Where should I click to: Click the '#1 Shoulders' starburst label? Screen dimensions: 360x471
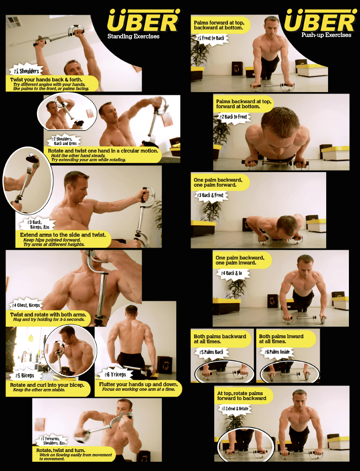pos(26,71)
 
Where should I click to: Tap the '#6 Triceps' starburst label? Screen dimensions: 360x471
pos(115,374)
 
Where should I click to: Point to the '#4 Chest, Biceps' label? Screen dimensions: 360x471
pos(25,305)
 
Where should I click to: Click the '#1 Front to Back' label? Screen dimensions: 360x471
pos(211,38)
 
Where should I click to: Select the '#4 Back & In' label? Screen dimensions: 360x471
pos(231,273)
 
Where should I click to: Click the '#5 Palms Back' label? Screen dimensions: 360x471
pos(211,352)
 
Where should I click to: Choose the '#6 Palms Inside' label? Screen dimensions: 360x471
pos(277,352)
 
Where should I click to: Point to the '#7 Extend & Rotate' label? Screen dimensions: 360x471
pos(235,409)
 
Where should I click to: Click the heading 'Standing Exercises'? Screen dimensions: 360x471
pos(133,37)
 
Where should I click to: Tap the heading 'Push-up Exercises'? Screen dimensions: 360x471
pos(326,35)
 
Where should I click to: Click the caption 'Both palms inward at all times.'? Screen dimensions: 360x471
pos(281,339)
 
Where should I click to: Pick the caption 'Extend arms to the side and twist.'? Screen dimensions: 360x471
pos(63,235)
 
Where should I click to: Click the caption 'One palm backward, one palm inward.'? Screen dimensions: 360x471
pos(240,260)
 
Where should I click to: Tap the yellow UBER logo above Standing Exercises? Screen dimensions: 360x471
pos(143,20)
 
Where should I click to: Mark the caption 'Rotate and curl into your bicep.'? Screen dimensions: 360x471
pos(47,385)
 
